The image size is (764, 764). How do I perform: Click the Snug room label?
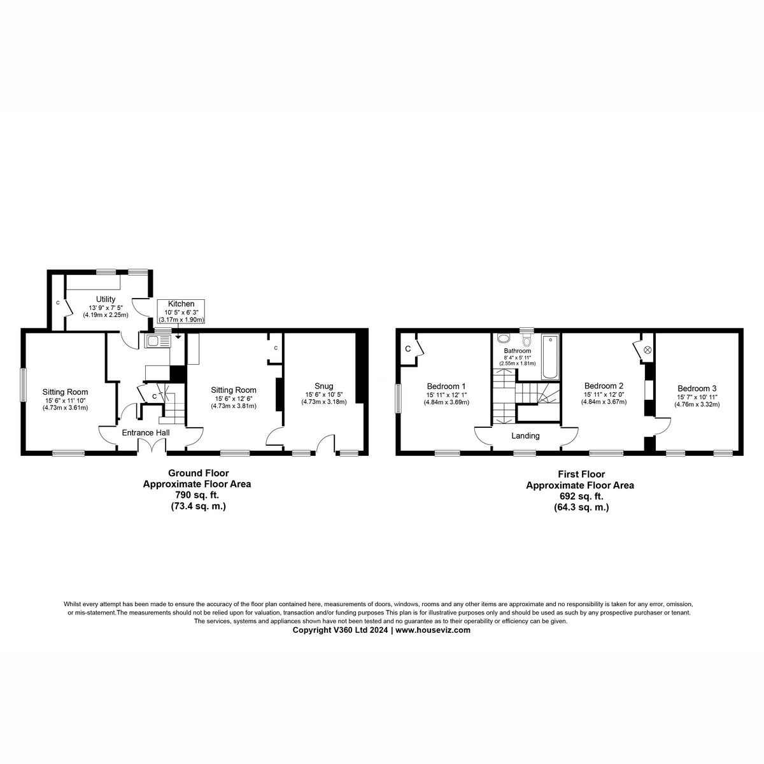click(x=323, y=386)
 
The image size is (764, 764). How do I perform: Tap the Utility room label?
click(x=106, y=299)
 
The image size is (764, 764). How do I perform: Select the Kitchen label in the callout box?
click(x=181, y=304)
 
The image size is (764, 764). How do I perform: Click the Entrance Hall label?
click(x=146, y=433)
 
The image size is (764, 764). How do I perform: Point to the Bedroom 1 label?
click(x=446, y=386)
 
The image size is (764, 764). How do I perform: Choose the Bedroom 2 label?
click(x=604, y=386)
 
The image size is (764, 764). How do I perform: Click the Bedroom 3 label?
click(x=697, y=388)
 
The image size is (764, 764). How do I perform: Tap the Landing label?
click(x=525, y=436)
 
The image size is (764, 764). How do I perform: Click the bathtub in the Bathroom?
click(x=549, y=357)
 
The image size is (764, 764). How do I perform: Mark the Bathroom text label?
click(x=517, y=351)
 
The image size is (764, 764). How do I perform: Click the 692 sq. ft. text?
click(x=579, y=496)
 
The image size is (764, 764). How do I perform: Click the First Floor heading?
click(x=581, y=474)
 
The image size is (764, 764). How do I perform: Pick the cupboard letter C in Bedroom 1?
click(x=407, y=348)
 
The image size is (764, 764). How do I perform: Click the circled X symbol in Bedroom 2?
click(x=648, y=350)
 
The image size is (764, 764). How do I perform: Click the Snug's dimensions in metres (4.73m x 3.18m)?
click(x=323, y=402)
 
